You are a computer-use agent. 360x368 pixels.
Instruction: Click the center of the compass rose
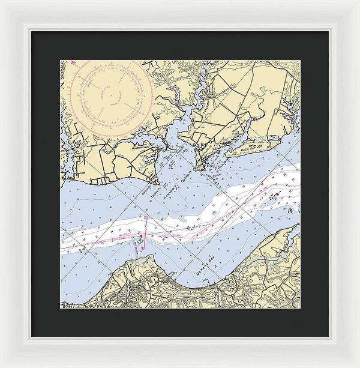tap(110, 94)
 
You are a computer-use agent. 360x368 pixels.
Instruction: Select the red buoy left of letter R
tap(277, 196)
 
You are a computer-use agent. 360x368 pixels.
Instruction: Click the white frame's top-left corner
tap(2, 2)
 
